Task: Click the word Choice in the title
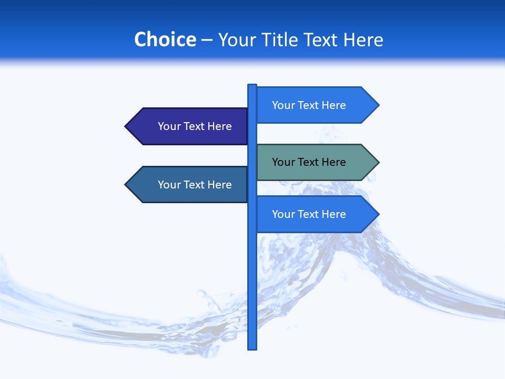click(x=165, y=39)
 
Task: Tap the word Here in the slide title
click(x=363, y=39)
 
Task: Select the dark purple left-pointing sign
click(x=189, y=126)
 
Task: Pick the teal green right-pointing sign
click(x=316, y=162)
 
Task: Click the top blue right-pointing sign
click(x=316, y=105)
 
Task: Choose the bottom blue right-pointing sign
click(x=316, y=214)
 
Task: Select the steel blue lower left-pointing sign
click(x=189, y=185)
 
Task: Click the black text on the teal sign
click(x=309, y=162)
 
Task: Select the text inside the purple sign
click(x=195, y=126)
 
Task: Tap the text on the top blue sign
click(x=309, y=105)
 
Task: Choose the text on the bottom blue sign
click(x=309, y=214)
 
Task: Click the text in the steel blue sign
click(x=195, y=185)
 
